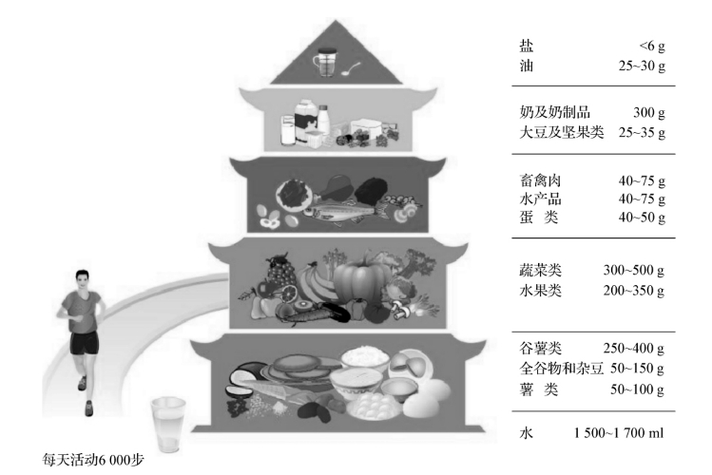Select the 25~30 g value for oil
(x=633, y=66)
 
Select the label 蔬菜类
(x=540, y=271)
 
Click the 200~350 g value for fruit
(x=633, y=290)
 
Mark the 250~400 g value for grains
(x=633, y=349)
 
